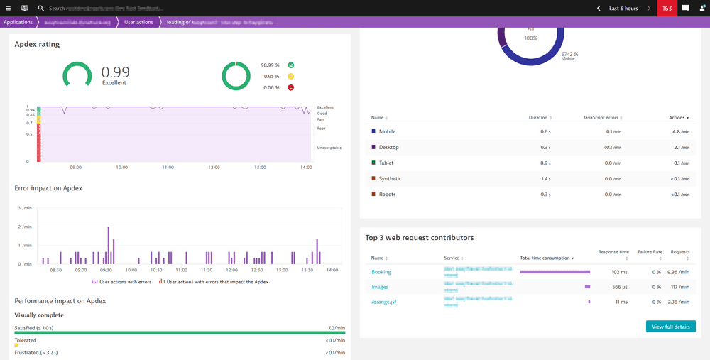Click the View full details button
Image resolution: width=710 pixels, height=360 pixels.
click(670, 327)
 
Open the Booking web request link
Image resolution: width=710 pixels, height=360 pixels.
click(381, 272)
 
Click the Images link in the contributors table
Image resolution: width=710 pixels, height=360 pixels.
click(380, 287)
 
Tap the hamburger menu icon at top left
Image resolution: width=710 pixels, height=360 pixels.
click(8, 8)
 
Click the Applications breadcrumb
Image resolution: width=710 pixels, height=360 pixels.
click(18, 22)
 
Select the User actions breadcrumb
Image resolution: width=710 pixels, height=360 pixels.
click(138, 22)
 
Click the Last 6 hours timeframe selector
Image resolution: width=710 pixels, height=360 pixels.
click(623, 8)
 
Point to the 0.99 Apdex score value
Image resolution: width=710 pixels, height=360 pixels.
click(115, 72)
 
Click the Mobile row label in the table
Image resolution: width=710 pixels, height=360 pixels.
click(387, 131)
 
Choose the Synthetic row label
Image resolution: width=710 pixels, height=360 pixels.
click(390, 179)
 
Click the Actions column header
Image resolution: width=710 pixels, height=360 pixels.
click(678, 117)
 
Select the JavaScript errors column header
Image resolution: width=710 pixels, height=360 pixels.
click(601, 117)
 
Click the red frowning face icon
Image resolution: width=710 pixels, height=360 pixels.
click(290, 87)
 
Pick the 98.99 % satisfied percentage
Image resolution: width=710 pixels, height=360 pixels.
click(270, 65)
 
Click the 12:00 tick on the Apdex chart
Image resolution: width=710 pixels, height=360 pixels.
click(214, 168)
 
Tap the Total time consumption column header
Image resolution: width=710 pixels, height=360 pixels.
click(546, 258)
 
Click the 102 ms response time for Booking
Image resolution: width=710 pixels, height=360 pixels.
click(619, 272)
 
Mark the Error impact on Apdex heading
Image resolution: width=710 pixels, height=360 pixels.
click(48, 188)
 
